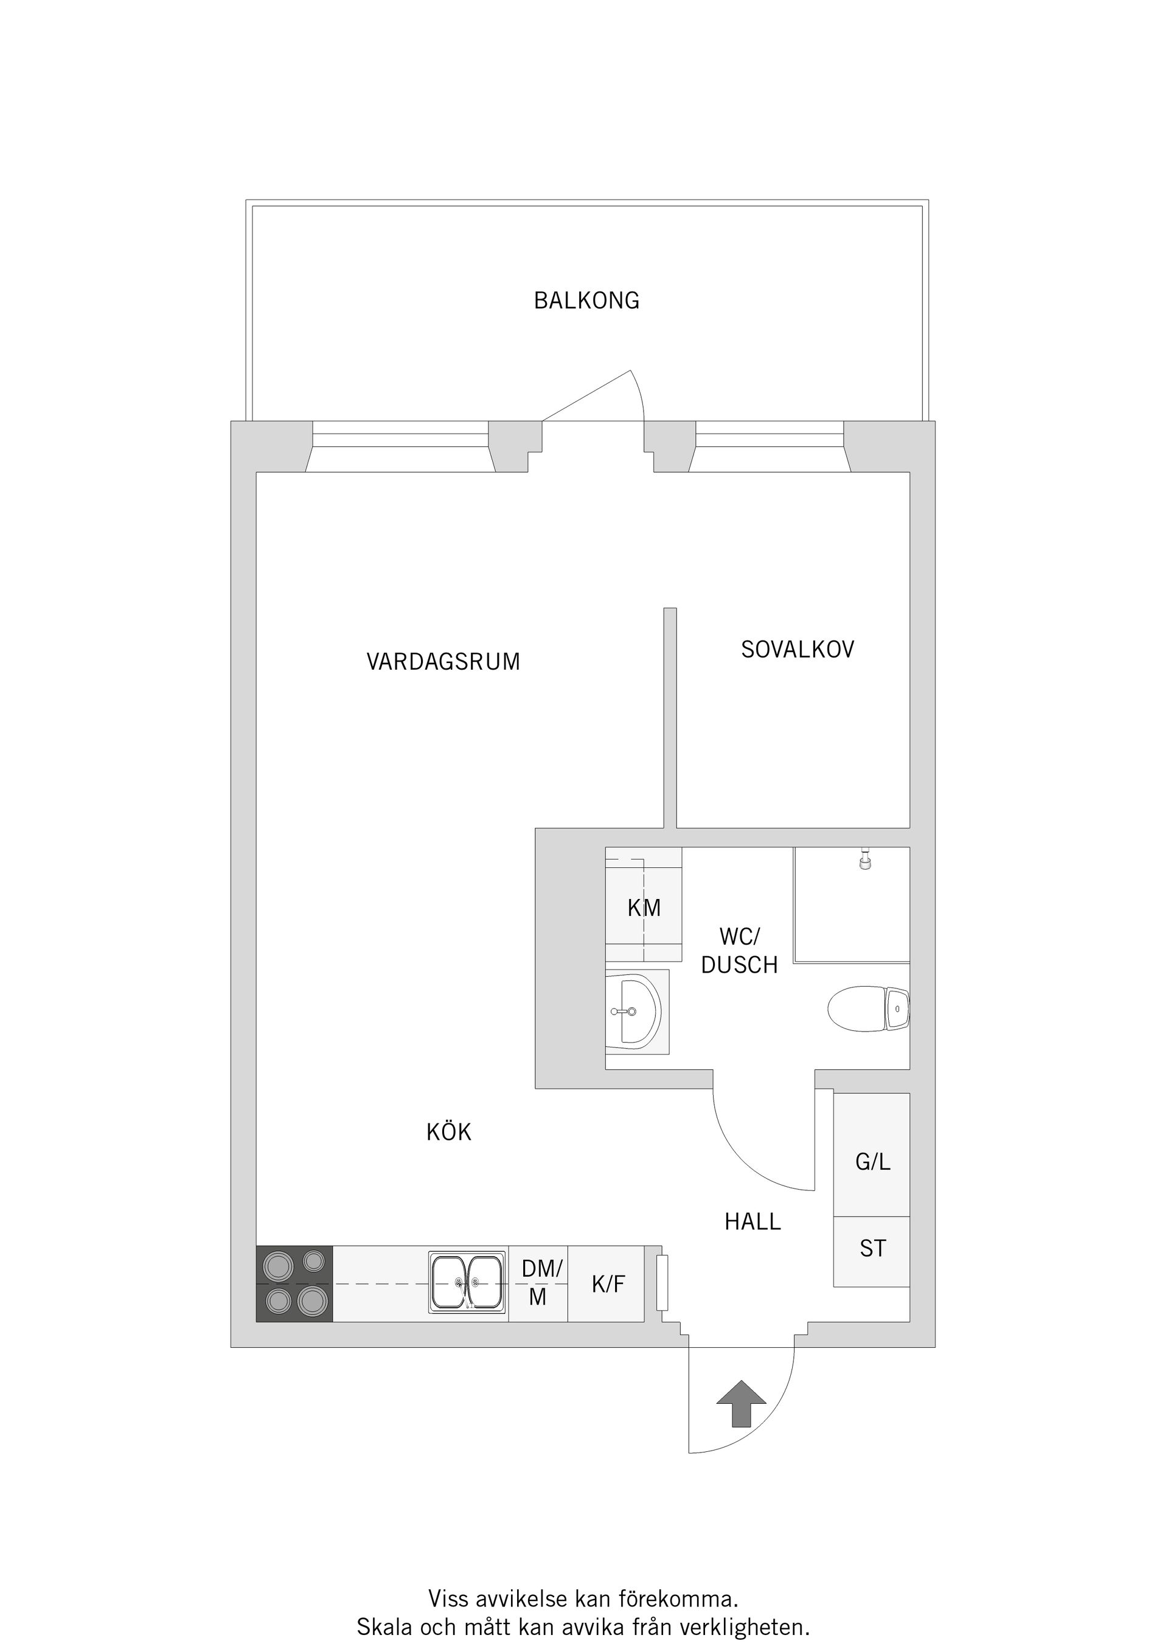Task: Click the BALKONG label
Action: [x=586, y=300]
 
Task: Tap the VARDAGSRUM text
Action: [x=443, y=662]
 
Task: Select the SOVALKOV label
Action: [x=798, y=650]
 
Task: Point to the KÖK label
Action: [x=448, y=1133]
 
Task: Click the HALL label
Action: [x=753, y=1222]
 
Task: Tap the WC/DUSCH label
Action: [x=739, y=951]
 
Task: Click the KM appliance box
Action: [x=644, y=908]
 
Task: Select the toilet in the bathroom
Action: [x=867, y=1010]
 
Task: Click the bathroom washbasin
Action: [x=633, y=1012]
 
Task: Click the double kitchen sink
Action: [x=467, y=1283]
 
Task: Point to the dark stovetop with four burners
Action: [x=294, y=1283]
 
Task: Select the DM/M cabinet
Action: [x=538, y=1283]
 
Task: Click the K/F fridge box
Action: [x=608, y=1283]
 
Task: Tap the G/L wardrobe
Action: [x=872, y=1161]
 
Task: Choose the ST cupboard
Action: [x=872, y=1248]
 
